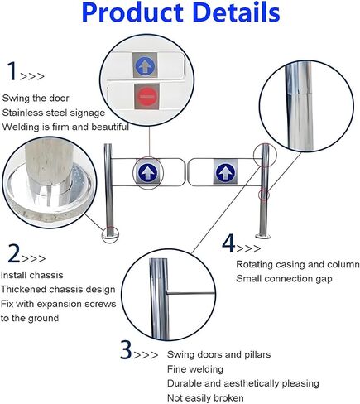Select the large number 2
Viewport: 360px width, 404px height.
[x=13, y=252]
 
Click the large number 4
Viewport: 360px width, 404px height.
[x=229, y=244]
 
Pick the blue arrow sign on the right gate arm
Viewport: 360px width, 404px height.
[x=223, y=172]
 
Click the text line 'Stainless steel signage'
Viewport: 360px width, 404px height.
[x=53, y=112]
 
